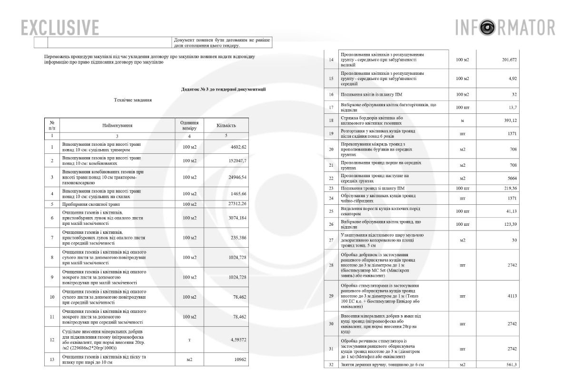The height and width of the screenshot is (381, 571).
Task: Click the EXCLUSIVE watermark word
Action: coord(60,27)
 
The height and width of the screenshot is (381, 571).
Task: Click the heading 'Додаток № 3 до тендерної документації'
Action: coord(223,89)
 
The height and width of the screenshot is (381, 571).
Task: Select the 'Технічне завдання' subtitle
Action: coord(133,100)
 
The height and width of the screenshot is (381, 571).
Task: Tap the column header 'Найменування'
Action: coord(117,126)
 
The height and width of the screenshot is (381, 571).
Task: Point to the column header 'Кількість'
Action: coord(226,126)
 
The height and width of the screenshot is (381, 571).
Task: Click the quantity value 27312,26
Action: coord(236,204)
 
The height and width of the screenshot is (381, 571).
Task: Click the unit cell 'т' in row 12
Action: coord(190,340)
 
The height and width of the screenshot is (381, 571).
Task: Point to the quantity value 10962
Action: coord(239,360)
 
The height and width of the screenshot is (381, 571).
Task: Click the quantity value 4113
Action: coord(512,296)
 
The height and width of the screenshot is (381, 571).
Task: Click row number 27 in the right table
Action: coord(331,240)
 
